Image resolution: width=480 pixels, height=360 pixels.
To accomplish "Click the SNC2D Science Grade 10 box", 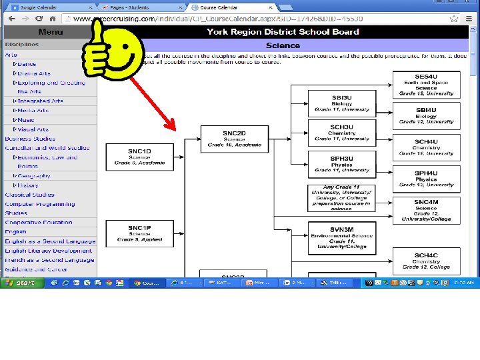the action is coord(225,139).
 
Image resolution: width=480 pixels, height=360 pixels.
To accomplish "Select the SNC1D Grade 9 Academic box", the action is coord(139,157).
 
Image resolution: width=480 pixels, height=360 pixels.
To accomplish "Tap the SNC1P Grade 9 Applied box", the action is coord(139,233).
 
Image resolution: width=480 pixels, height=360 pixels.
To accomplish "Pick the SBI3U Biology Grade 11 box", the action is coord(341,103).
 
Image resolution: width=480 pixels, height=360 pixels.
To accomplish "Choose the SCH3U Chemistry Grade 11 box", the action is coord(341,133).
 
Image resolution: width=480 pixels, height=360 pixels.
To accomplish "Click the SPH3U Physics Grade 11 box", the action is coord(341,164).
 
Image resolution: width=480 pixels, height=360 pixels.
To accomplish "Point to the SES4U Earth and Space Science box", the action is coord(426,85).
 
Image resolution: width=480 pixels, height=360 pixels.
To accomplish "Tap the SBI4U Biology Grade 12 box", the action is coord(426,115).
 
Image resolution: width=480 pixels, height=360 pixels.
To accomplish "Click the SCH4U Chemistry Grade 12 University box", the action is coord(426,147).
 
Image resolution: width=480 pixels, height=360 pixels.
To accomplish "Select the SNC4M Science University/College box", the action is coord(426,210).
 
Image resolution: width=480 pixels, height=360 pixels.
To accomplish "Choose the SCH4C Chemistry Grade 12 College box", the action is coord(426,261).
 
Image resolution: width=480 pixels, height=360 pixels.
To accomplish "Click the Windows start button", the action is coord(21,283).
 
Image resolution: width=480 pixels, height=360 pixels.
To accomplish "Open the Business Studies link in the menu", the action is coord(30,139).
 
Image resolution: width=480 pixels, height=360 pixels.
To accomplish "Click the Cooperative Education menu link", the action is coord(39,223).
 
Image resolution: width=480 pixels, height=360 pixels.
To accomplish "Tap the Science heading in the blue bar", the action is coord(283,45).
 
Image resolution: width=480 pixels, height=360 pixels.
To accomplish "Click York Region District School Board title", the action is coord(283,31).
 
